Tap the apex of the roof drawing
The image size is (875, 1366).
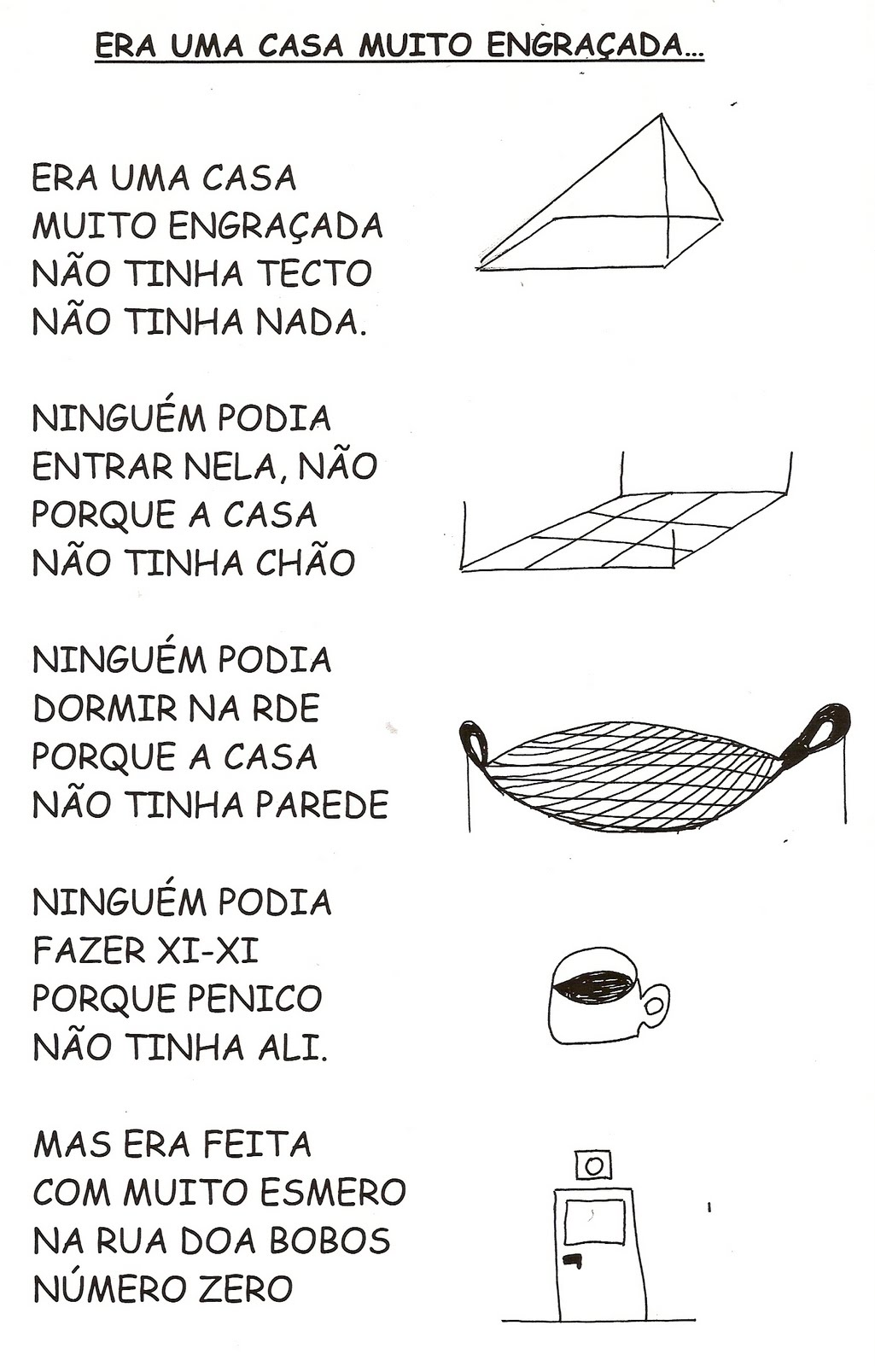point(660,115)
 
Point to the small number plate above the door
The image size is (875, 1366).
point(593,1165)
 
